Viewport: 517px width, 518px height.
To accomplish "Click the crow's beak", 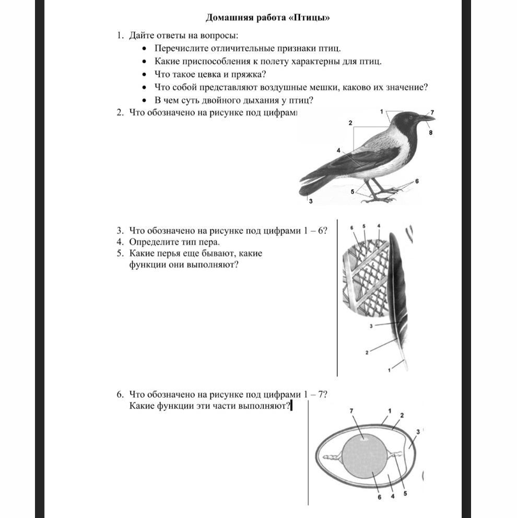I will point(427,118).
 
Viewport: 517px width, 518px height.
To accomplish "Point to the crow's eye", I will point(412,116).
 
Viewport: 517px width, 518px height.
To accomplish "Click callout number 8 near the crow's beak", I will point(431,133).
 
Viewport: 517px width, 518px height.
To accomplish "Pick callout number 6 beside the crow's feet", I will point(417,181).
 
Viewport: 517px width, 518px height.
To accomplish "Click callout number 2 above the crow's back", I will point(350,122).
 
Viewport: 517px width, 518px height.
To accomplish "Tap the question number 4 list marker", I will point(120,242).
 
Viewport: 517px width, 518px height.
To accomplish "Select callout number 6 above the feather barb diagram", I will point(352,227).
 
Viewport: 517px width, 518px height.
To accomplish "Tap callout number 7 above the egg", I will point(352,412).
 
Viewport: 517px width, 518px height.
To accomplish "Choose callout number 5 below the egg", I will point(405,493).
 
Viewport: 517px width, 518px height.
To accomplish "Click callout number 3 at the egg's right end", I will point(418,431).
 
